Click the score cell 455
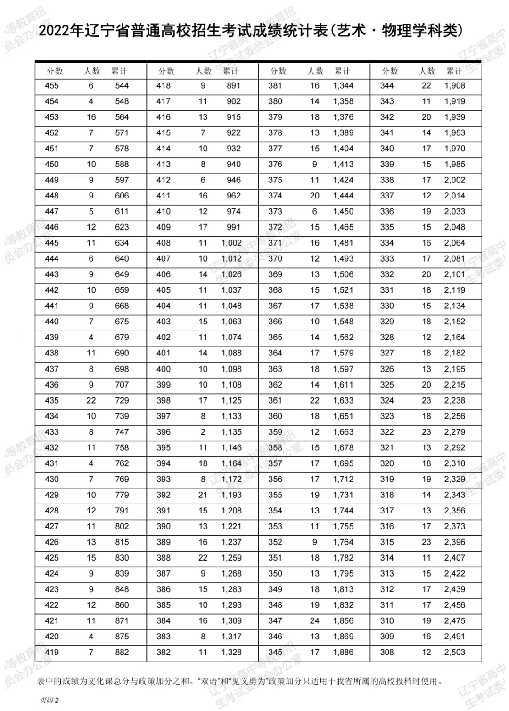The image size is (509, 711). pos(52,86)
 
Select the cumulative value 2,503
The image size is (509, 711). pos(454,653)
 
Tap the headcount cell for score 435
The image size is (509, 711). pos(91,401)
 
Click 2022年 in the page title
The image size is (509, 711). pos(62,32)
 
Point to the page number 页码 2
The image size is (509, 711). pos(49,700)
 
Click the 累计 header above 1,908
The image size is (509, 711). pos(454,71)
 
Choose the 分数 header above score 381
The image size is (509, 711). pos(278,71)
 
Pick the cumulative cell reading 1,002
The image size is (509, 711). pos(231,243)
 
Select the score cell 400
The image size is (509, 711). pos(164,369)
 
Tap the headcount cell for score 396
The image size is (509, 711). pos(203,432)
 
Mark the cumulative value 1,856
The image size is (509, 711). pos(343,621)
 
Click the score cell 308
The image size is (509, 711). pos(387,653)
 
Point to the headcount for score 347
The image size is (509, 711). pos(315,621)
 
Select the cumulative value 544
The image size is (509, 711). pos(122,86)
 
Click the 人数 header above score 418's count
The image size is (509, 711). pos(204,71)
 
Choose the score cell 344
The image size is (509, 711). pos(387,86)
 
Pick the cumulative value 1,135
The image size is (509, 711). pos(231,432)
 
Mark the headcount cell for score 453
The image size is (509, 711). pos(91,117)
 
